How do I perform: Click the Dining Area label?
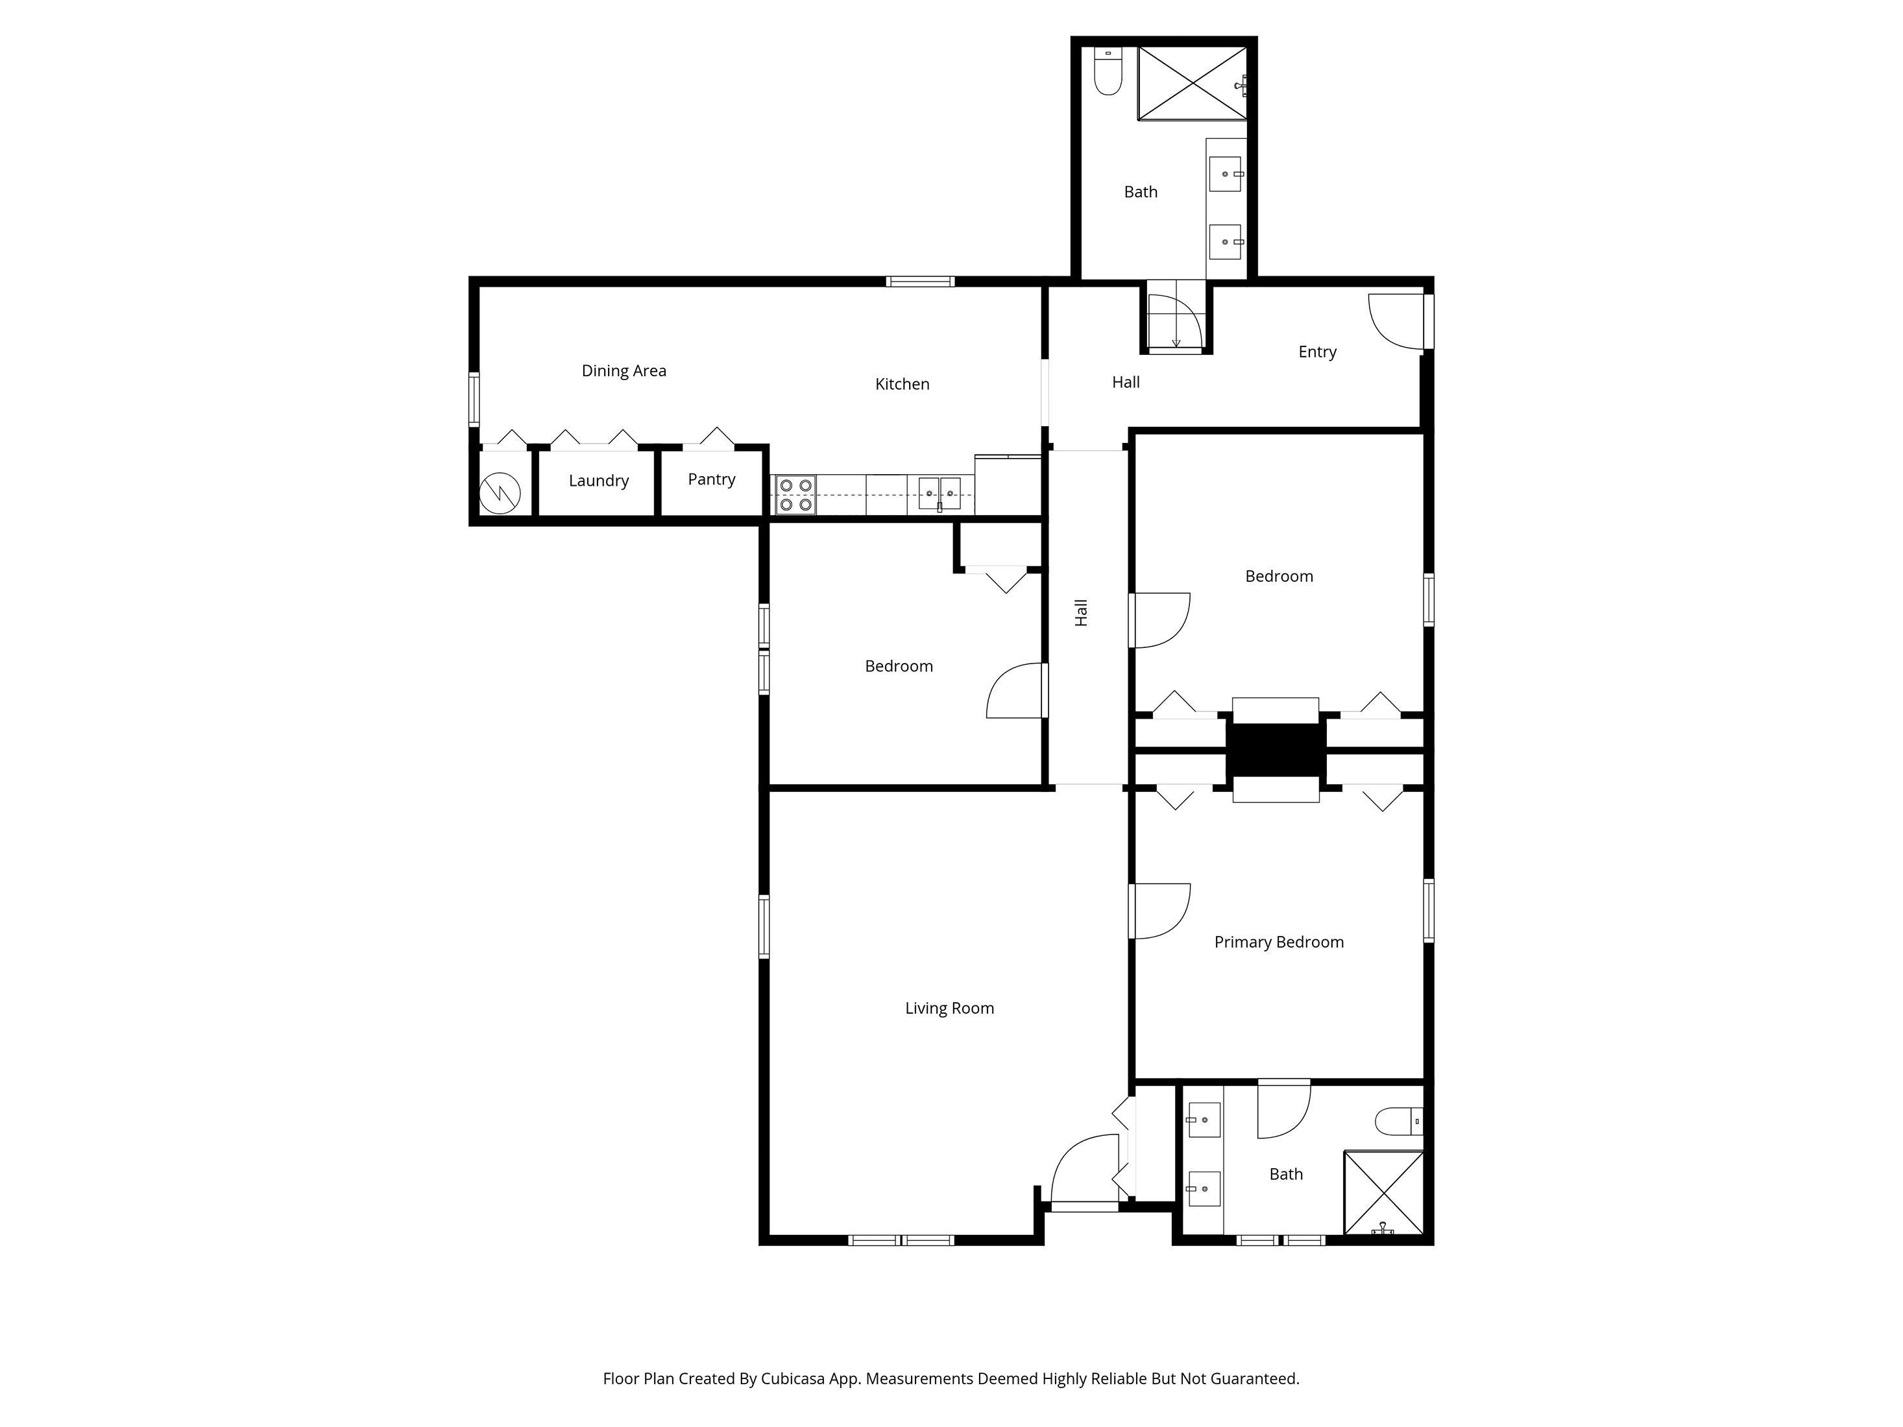pos(624,371)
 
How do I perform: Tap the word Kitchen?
pos(902,385)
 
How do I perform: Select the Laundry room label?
pos(598,481)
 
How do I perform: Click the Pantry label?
pos(712,479)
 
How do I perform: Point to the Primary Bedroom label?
pos(1278,942)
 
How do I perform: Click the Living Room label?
pos(949,1008)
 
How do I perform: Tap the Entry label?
pos(1317,352)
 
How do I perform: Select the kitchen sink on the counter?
pos(939,494)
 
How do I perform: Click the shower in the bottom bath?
pos(1383,1192)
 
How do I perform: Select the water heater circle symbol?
pos(500,494)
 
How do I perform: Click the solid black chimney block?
pos(1276,750)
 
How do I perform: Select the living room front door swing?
pos(1084,1168)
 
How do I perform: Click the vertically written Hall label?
pos(1082,612)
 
